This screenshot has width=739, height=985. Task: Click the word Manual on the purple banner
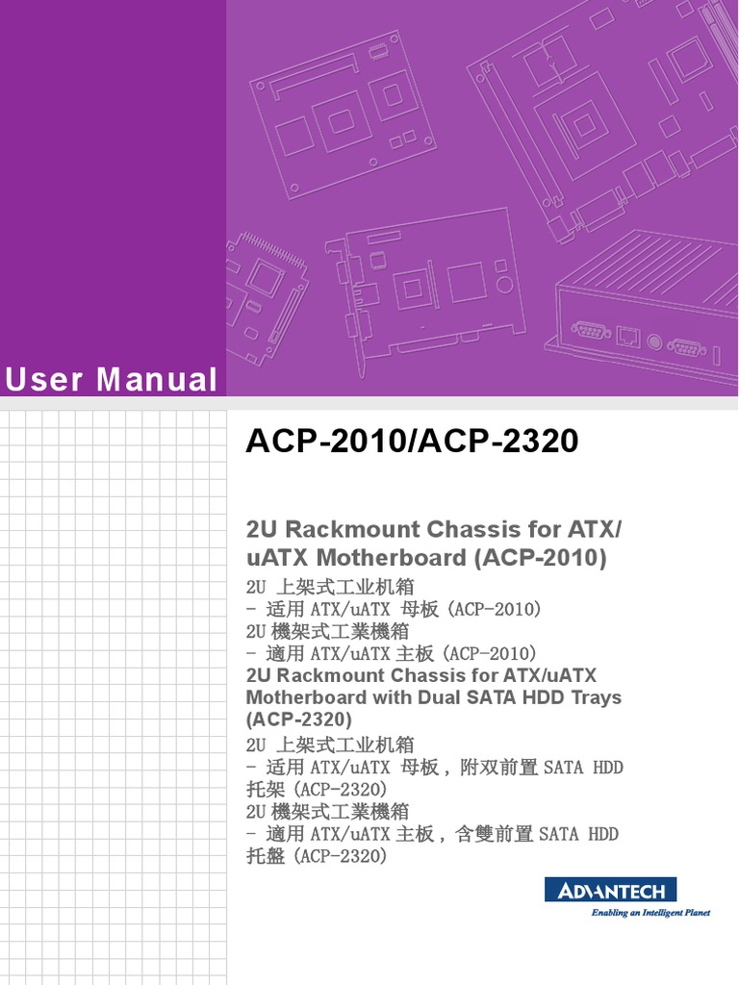(157, 380)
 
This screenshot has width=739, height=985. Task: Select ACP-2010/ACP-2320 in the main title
(413, 441)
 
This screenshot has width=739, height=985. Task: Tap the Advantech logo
(611, 890)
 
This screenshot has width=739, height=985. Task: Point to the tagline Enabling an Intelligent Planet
(650, 913)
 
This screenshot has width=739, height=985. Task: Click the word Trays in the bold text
(594, 697)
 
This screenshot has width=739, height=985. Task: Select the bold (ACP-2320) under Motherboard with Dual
(299, 720)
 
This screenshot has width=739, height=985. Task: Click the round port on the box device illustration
(655, 341)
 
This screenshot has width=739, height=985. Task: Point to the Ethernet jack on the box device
(627, 336)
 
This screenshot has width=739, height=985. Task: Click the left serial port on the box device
(590, 331)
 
